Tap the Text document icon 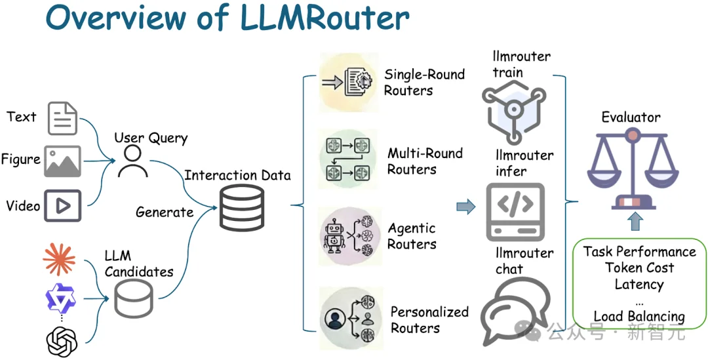62,118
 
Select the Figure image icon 62,161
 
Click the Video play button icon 62,206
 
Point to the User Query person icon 132,161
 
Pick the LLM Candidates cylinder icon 134,298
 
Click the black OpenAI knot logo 61,342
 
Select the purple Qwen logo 60,298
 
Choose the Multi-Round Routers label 425,161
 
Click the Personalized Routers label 429,319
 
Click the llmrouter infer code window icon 515,212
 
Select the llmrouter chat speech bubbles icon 516,311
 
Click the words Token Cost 639,268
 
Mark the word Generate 164,212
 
